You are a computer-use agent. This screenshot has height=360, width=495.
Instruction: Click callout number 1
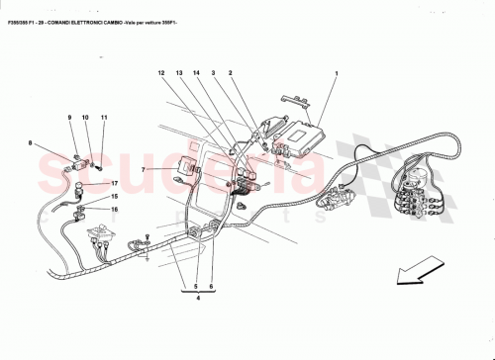[337, 73]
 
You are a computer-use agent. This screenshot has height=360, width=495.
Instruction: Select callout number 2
[230, 73]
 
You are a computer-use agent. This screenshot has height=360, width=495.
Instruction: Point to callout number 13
[179, 73]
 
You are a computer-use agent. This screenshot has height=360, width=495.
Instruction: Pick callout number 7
[143, 169]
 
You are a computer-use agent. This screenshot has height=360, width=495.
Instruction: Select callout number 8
[30, 144]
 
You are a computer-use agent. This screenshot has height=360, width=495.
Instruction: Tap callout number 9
[70, 118]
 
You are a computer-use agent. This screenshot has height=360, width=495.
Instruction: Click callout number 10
[86, 118]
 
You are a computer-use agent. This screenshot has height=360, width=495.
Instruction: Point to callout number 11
[103, 118]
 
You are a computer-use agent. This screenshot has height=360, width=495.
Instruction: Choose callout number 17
[114, 184]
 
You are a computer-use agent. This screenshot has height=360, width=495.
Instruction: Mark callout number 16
[114, 209]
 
